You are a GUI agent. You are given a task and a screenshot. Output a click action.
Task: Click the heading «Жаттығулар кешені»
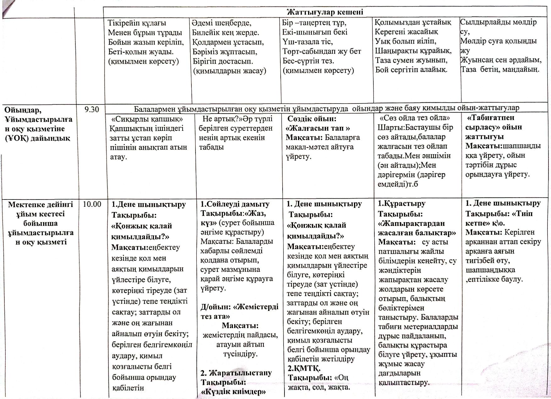pos(325,12)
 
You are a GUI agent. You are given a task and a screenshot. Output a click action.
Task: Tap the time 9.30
pos(92,109)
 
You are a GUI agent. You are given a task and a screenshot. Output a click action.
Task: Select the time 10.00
pos(92,204)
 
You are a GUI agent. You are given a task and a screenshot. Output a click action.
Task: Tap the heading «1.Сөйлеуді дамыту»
pos(235,204)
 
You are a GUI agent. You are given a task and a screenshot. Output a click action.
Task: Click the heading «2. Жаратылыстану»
pos(236,373)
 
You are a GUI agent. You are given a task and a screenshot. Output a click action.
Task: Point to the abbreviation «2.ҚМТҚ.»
pos(304,368)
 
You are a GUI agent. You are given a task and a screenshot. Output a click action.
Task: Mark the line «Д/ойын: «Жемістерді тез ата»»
pos(239,311)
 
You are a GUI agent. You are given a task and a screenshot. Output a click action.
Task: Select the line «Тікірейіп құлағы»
pos(137,23)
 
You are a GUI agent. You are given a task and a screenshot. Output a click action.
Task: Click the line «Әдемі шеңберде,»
pos(222,23)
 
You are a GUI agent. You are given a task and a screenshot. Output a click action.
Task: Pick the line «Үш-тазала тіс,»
pos(307,42)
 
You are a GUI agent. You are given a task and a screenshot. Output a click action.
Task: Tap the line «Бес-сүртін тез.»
pos(308,60)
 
